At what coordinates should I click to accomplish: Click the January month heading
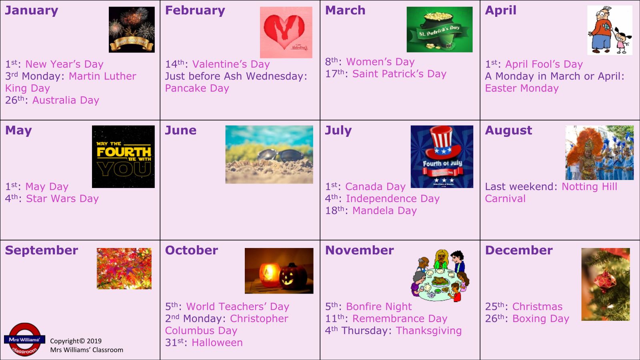pyautogui.click(x=32, y=10)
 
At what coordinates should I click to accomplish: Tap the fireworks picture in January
pyautogui.click(x=132, y=30)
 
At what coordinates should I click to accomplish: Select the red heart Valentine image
pyautogui.click(x=286, y=32)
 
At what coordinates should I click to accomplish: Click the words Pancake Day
pyautogui.click(x=197, y=88)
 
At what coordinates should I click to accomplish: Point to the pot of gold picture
pyautogui.click(x=440, y=30)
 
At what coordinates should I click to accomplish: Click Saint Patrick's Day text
pyautogui.click(x=399, y=74)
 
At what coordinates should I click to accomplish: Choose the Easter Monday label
pyautogui.click(x=522, y=88)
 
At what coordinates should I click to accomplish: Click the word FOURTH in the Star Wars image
pyautogui.click(x=124, y=152)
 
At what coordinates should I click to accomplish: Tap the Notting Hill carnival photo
pyautogui.click(x=600, y=152)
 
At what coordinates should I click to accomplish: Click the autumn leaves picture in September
pyautogui.click(x=124, y=268)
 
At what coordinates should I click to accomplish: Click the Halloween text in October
pyautogui.click(x=217, y=342)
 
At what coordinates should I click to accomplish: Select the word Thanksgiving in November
pyautogui.click(x=428, y=331)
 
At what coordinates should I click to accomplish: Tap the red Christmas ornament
pyautogui.click(x=605, y=282)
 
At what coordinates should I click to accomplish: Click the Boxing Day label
pyautogui.click(x=540, y=319)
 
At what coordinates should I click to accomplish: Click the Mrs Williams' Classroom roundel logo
pyautogui.click(x=24, y=340)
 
